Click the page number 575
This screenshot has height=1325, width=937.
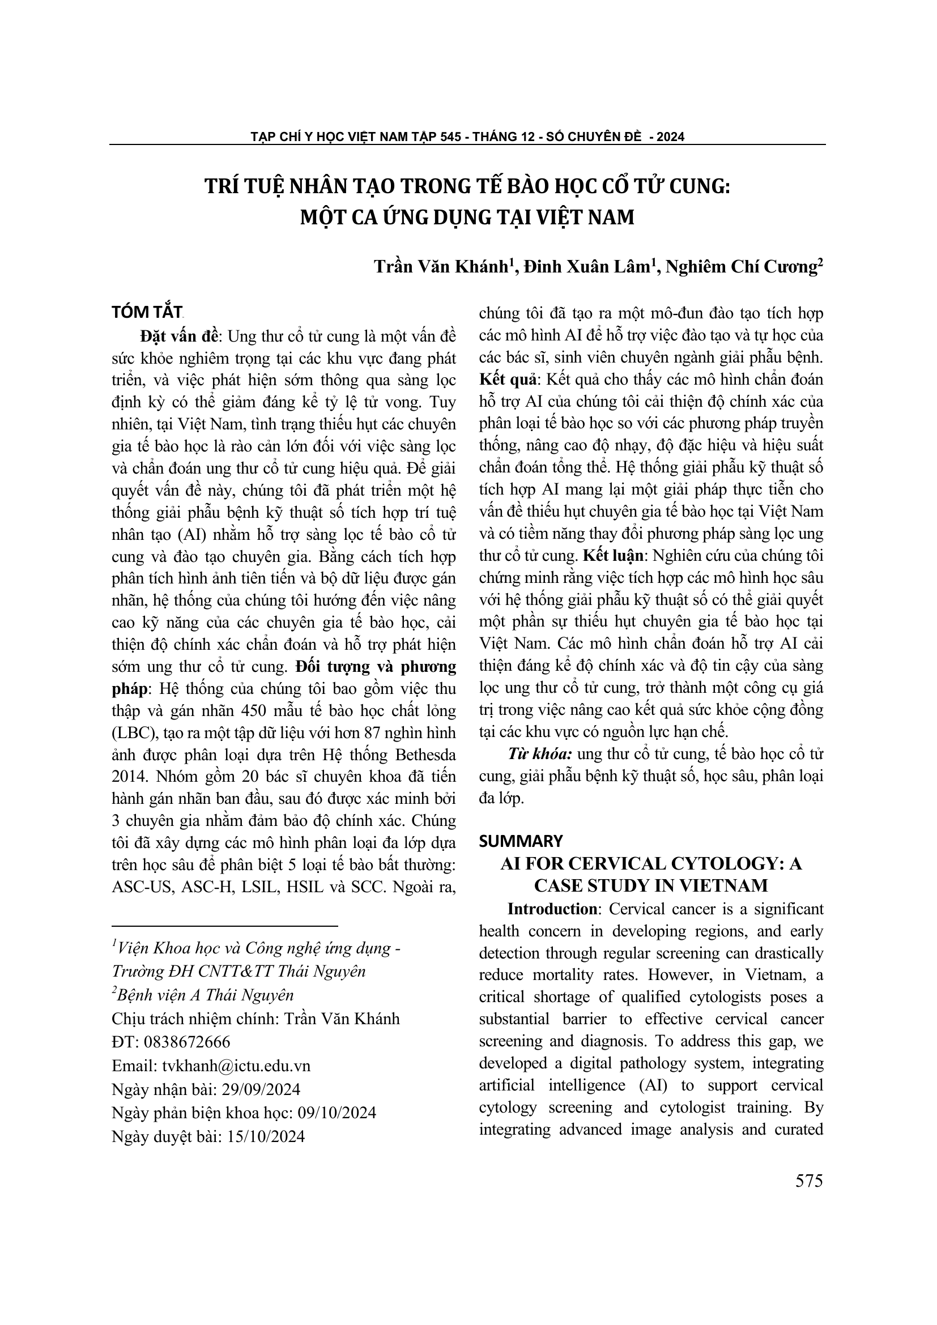[x=808, y=1181]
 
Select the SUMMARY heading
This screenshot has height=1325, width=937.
[x=521, y=841]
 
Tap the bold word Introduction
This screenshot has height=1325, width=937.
[x=552, y=909]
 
